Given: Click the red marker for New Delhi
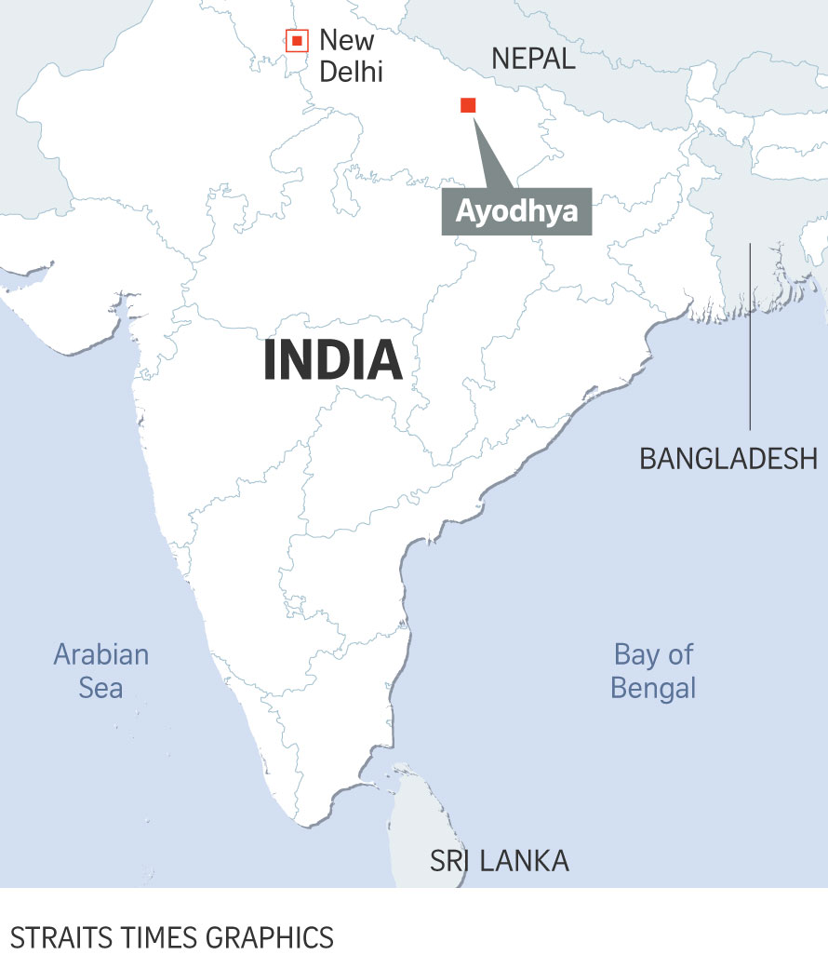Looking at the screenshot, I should point(296,41).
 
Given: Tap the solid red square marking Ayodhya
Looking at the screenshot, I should point(468,105).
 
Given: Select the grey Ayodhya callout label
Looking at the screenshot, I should point(516,211).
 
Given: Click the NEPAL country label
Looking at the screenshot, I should point(534,60).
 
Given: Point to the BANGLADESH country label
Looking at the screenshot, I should point(728,458).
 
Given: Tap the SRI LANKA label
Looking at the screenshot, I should point(499,861).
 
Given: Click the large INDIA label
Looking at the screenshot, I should point(332,360).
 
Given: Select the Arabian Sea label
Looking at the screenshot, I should point(100,670).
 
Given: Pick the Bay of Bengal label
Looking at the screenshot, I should point(653,670).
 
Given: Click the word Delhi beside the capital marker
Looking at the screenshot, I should point(351,71).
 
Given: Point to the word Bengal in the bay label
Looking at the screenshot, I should point(653,689).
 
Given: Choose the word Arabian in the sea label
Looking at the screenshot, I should point(100,653).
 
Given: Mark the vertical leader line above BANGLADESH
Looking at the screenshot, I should point(750,335).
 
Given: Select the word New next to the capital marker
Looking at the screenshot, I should point(346,40).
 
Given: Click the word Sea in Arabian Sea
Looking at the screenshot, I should point(100,688).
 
